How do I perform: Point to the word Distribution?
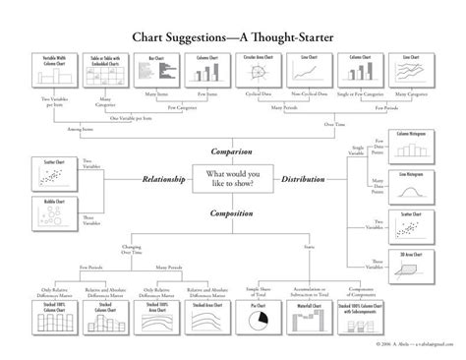(306, 180)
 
